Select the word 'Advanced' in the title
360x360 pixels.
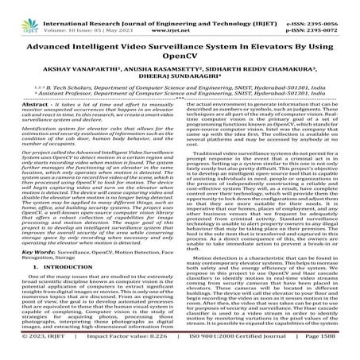point(51,39)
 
